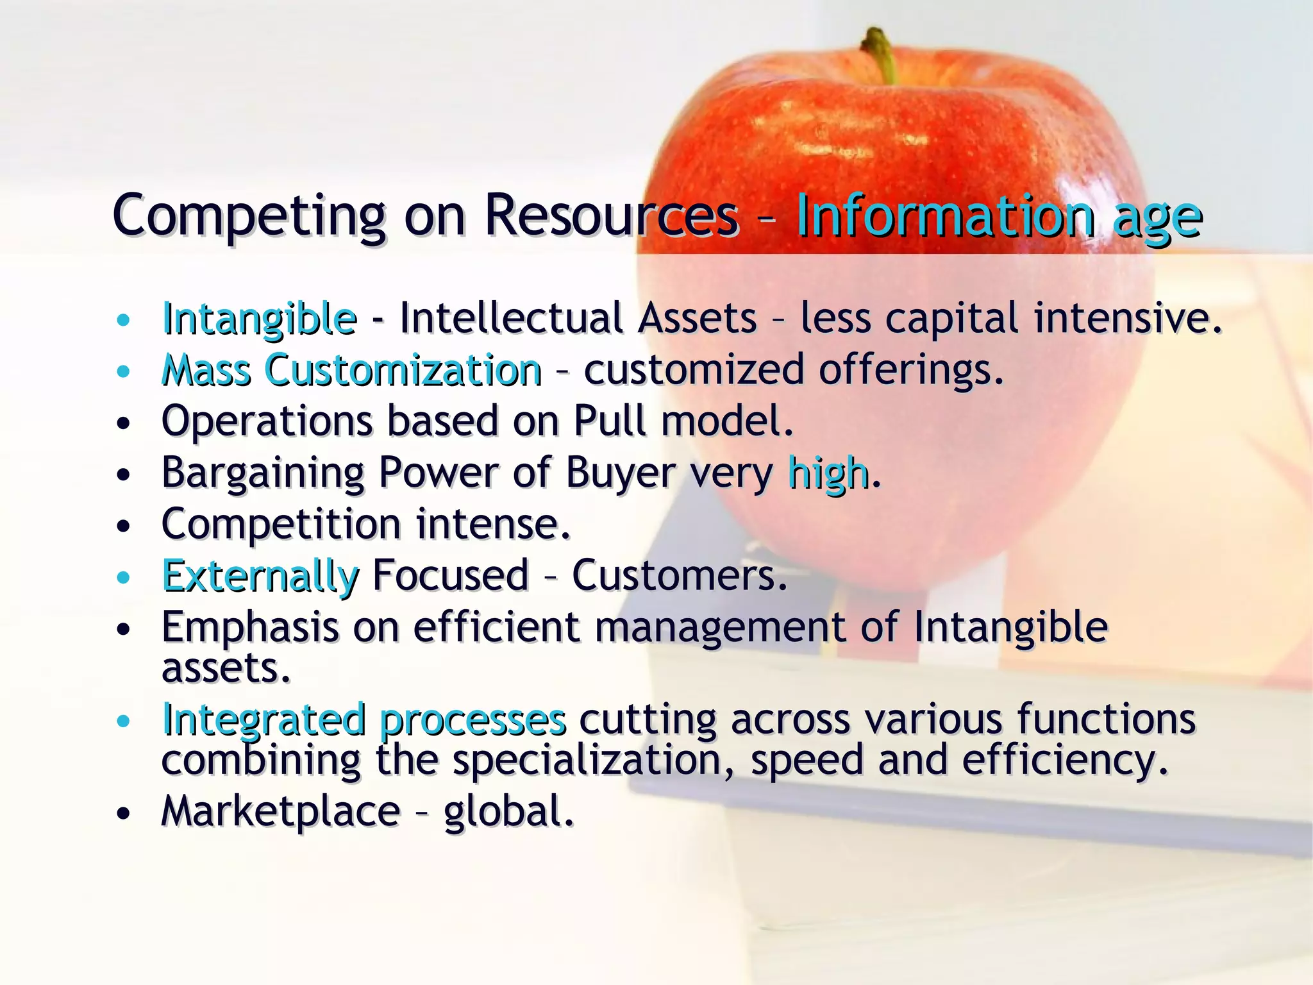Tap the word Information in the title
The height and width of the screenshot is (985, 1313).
pyautogui.click(x=945, y=216)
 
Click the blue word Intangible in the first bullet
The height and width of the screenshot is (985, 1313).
pyautogui.click(x=260, y=319)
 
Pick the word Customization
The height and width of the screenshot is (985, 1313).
pyautogui.click(x=403, y=370)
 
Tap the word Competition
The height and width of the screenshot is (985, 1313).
pyautogui.click(x=281, y=525)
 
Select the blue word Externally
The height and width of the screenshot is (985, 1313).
pyautogui.click(x=260, y=576)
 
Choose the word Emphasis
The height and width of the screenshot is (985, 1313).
pyautogui.click(x=250, y=628)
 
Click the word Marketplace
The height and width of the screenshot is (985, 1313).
pyautogui.click(x=281, y=812)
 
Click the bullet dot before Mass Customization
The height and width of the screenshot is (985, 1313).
pyautogui.click(x=124, y=371)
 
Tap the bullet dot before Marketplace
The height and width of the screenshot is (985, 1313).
pyautogui.click(x=124, y=814)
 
